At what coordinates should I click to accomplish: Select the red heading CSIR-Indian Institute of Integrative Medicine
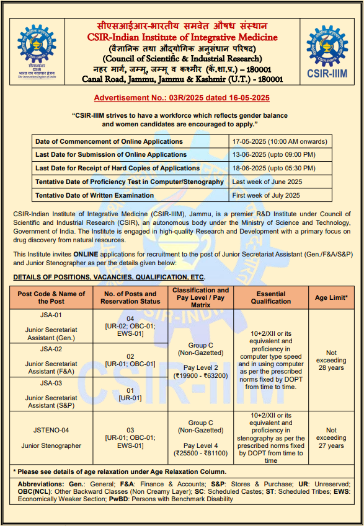point(182,38)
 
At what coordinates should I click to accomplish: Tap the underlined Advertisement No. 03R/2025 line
point(182,98)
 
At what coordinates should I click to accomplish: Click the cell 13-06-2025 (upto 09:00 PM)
point(273,154)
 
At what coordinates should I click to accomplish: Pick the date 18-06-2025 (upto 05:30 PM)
point(273,168)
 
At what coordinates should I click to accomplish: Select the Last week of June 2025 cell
point(267,182)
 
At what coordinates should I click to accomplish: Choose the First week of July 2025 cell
point(265,195)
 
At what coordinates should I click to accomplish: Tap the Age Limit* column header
point(331,297)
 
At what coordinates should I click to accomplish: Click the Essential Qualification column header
point(271,297)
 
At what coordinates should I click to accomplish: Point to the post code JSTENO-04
point(51,430)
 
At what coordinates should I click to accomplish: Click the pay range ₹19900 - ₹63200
point(201,375)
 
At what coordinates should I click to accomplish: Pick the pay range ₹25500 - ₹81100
point(201,453)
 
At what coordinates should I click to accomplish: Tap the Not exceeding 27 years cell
point(331,437)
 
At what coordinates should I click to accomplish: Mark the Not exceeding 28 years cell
point(331,360)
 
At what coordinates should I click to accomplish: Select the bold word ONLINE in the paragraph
point(86,255)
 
